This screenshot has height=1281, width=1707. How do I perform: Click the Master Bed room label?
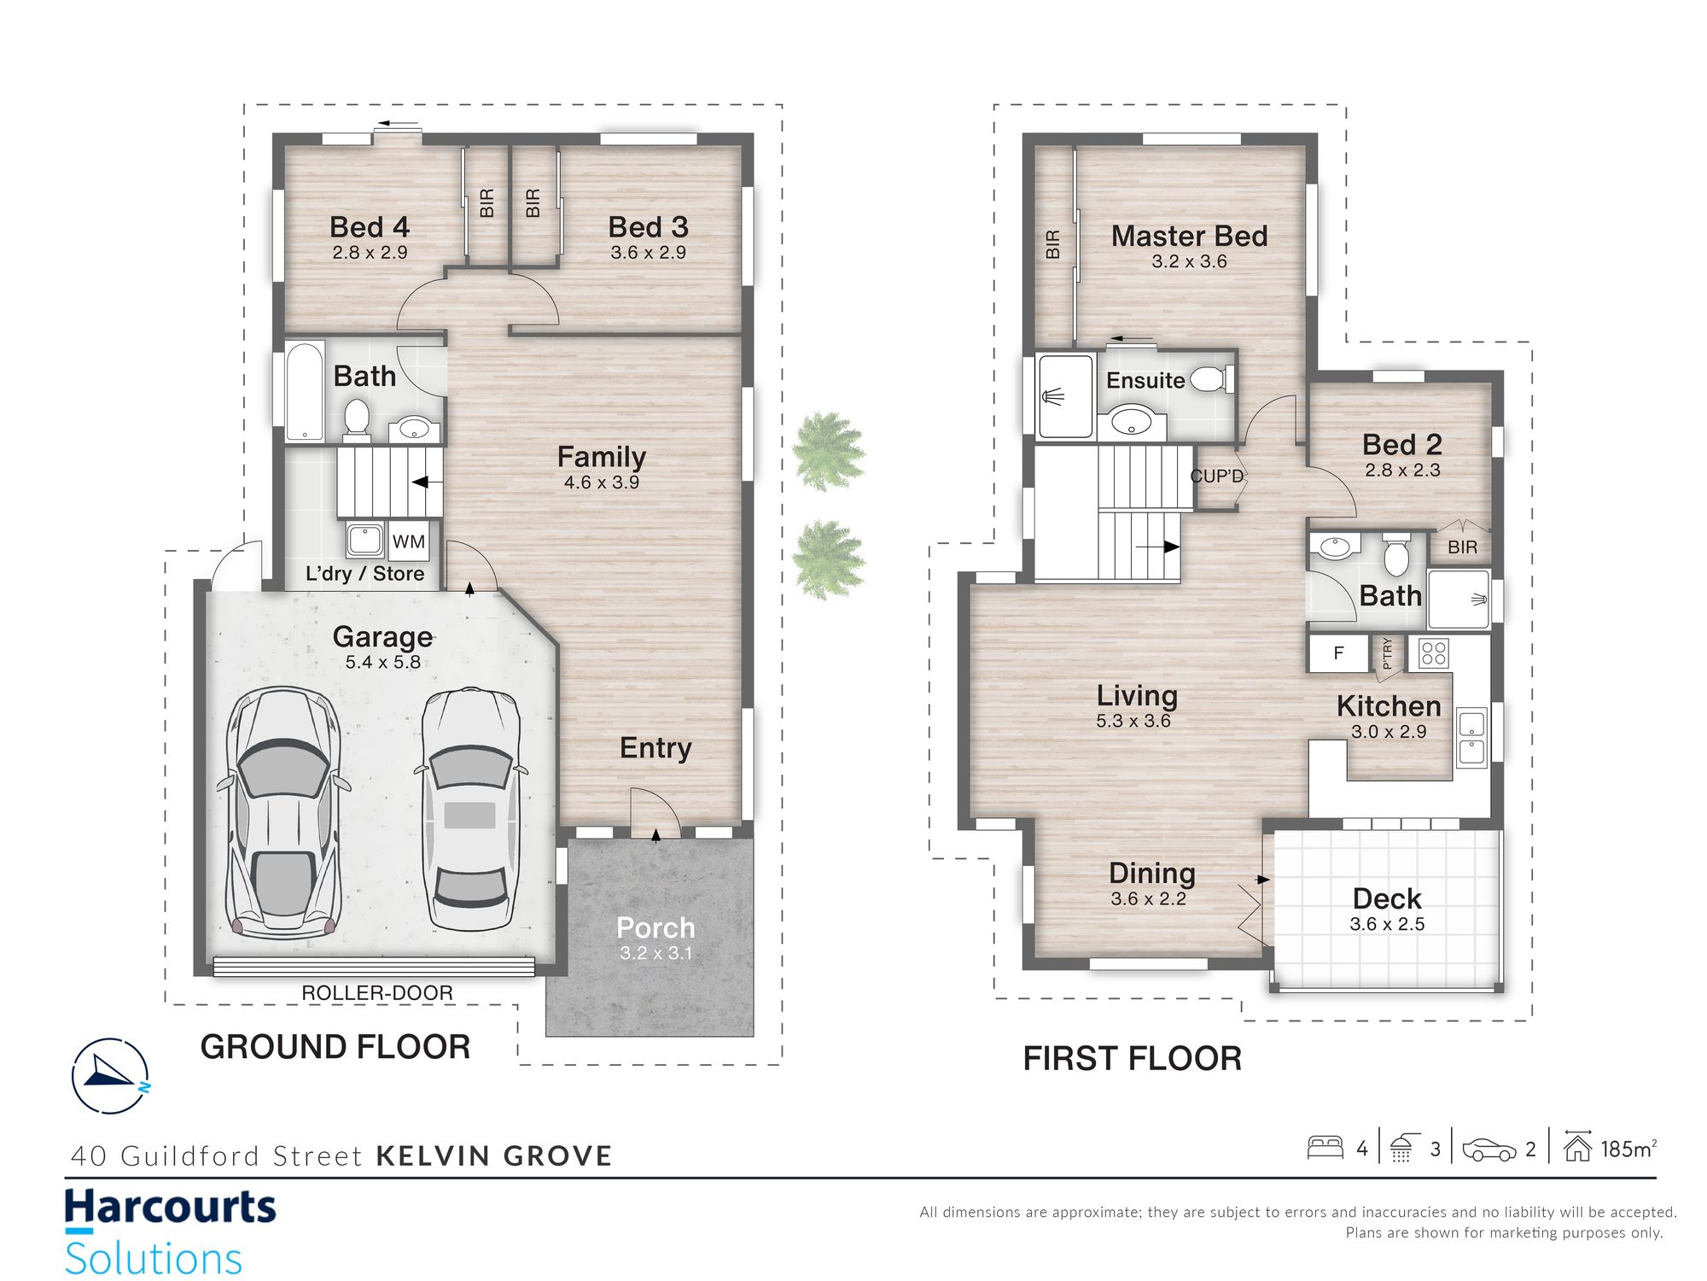click(x=1189, y=236)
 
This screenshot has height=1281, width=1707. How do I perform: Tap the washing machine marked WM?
click(x=409, y=541)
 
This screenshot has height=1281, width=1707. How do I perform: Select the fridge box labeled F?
click(x=1338, y=653)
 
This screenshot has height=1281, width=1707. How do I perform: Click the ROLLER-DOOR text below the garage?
click(x=377, y=993)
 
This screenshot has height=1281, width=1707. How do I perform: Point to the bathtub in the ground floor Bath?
click(x=305, y=391)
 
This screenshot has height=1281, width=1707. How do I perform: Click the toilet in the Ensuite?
click(x=1211, y=379)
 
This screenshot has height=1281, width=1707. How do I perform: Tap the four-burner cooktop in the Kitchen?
click(x=1434, y=653)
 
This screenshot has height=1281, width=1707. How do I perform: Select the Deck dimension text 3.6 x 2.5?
click(x=1387, y=924)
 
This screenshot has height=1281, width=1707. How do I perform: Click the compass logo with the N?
click(x=110, y=1076)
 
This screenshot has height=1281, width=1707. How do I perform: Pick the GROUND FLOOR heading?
click(x=335, y=1047)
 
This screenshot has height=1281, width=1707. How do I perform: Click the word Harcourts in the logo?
click(x=171, y=1208)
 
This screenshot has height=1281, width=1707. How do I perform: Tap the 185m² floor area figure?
click(x=1628, y=1149)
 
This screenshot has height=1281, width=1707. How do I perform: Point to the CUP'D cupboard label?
click(x=1217, y=476)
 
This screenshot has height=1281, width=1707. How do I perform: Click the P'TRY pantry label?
click(x=1387, y=653)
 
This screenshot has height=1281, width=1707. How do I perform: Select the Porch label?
click(x=655, y=927)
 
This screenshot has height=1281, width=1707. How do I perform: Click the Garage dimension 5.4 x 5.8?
click(x=383, y=662)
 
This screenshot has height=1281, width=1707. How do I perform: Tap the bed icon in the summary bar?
click(x=1325, y=1147)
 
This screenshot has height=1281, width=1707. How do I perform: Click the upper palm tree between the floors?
click(x=828, y=450)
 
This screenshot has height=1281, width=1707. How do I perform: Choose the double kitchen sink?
click(x=1471, y=737)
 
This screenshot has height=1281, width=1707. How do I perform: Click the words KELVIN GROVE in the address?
click(x=494, y=1156)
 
